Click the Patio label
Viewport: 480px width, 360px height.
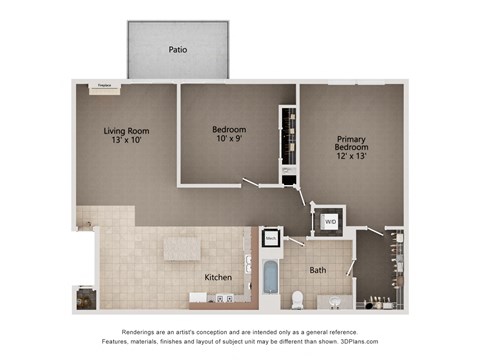click(x=177, y=48)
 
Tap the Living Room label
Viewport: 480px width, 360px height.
click(x=127, y=130)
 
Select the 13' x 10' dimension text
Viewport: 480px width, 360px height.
click(x=127, y=141)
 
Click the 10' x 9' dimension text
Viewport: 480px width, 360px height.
click(x=229, y=141)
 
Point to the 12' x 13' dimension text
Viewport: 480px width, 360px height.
click(x=351, y=158)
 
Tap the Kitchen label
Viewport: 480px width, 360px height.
click(x=218, y=277)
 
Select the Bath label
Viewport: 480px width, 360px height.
click(x=317, y=270)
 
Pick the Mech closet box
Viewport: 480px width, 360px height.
click(x=271, y=239)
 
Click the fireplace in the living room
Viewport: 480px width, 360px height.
click(x=102, y=87)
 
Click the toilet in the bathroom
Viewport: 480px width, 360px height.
click(x=297, y=298)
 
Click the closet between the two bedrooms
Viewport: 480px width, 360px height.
click(x=288, y=145)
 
